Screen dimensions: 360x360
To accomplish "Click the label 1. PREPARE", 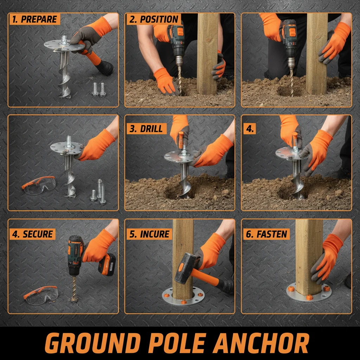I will (x=34, y=19).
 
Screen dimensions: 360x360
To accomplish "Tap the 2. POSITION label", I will (x=153, y=19).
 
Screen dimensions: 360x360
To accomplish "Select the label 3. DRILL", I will (x=146, y=129).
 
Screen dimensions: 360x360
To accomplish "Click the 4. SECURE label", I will (x=32, y=234).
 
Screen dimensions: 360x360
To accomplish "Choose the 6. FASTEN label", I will (x=266, y=234).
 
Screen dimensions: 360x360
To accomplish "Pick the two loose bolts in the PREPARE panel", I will (x=99, y=89).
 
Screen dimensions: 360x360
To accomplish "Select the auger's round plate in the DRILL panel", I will (x=180, y=157).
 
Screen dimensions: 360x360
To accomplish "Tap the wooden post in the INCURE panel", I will (x=182, y=246).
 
